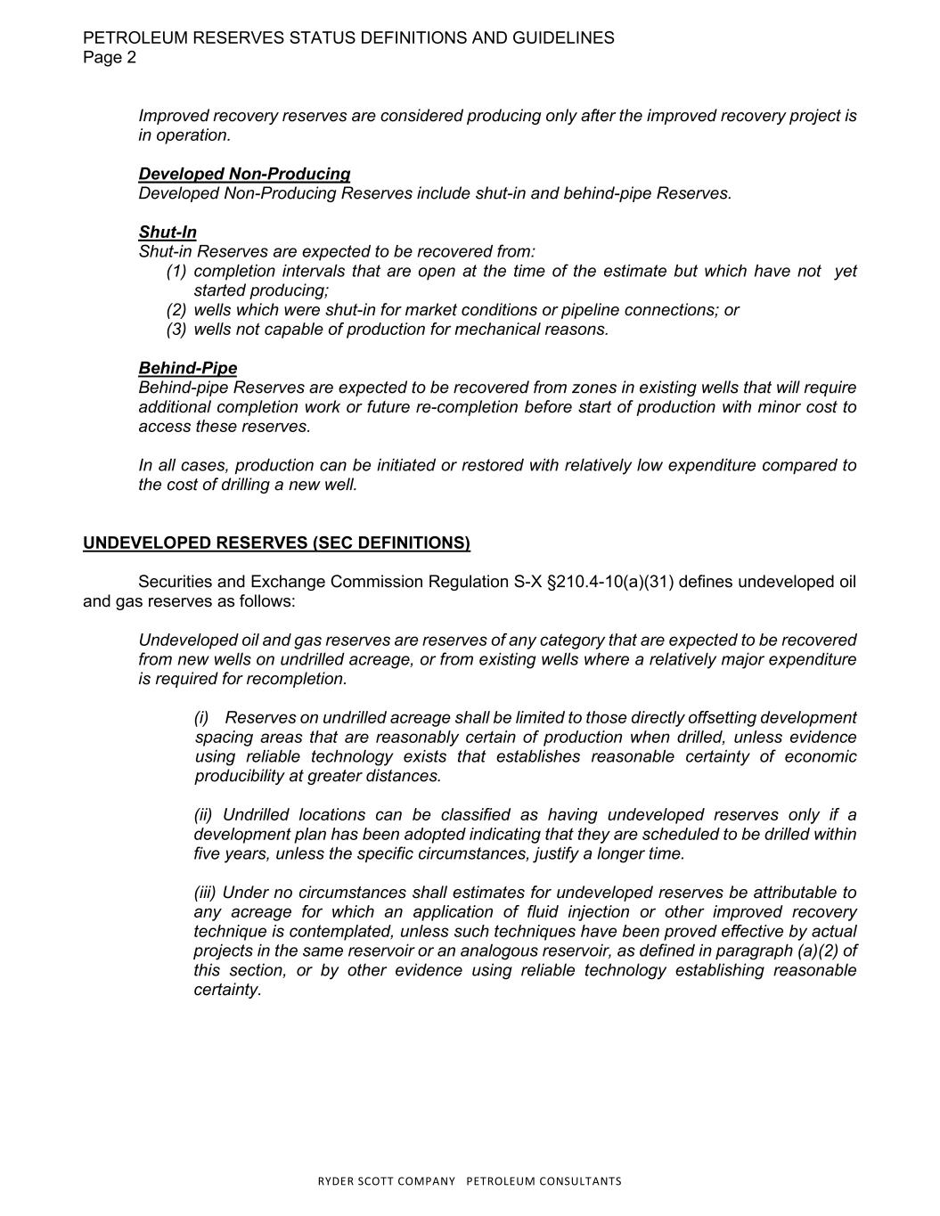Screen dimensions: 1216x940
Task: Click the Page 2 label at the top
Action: click(110, 58)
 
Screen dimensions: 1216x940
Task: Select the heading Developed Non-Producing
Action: click(244, 174)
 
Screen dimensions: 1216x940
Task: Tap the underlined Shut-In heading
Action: click(168, 233)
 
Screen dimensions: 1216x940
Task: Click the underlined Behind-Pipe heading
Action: click(188, 368)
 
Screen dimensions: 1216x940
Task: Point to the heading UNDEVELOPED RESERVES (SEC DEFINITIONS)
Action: click(276, 543)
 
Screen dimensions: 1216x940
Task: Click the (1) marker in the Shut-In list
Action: click(176, 271)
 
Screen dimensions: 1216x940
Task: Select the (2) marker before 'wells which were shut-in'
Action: click(176, 310)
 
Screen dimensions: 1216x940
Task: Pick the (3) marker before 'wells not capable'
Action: click(176, 330)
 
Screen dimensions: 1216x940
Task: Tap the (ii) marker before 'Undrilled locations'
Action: click(204, 815)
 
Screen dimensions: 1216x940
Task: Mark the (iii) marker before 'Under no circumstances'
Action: click(205, 893)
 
